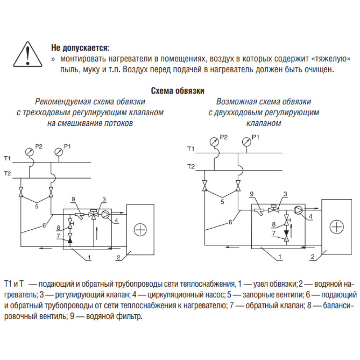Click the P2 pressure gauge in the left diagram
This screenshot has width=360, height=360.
(29, 152)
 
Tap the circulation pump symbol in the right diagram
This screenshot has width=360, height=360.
(298, 209)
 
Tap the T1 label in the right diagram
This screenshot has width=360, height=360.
(190, 149)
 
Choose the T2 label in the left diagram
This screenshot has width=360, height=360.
(8, 174)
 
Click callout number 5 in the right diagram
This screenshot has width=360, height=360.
(222, 202)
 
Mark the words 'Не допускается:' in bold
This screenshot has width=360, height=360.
(80, 48)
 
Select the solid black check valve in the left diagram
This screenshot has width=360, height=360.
(70, 237)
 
